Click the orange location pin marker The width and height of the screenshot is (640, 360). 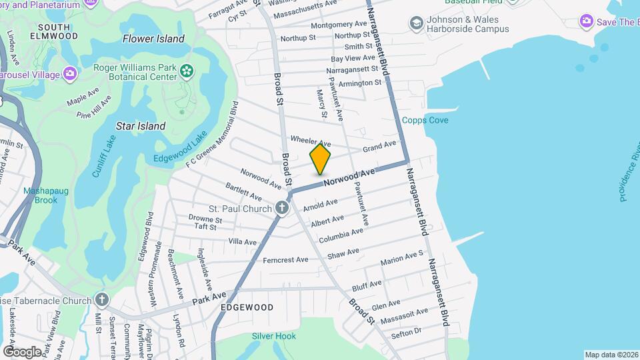pyautogui.click(x=321, y=159)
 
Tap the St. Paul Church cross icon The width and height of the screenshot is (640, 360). pyautogui.click(x=282, y=208)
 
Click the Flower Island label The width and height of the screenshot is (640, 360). pyautogui.click(x=153, y=39)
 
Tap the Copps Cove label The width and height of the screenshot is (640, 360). pyautogui.click(x=425, y=120)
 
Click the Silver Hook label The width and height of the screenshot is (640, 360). pyautogui.click(x=273, y=336)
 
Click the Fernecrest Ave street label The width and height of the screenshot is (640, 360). pyautogui.click(x=285, y=259)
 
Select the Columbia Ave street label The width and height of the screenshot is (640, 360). pyautogui.click(x=341, y=235)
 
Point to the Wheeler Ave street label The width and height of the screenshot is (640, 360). pyautogui.click(x=310, y=142)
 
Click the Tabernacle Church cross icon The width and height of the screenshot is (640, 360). pyautogui.click(x=101, y=299)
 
